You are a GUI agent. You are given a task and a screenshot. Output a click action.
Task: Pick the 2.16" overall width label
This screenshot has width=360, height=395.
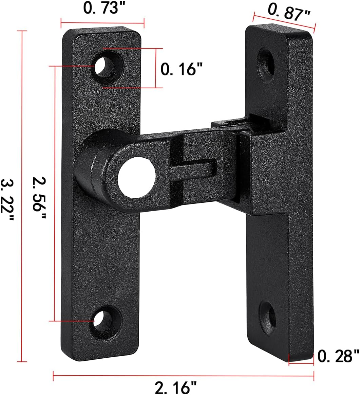coord(175,387)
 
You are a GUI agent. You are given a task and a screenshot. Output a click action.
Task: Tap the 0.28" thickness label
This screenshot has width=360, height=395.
coord(338,357)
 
